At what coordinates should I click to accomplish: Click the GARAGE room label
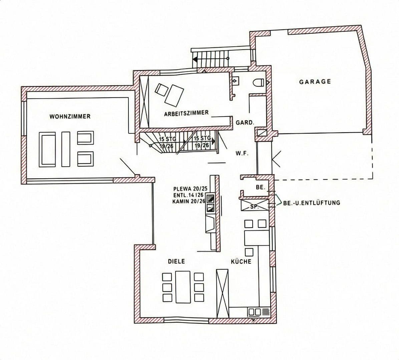click(315, 82)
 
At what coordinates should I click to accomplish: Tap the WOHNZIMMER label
click(70, 117)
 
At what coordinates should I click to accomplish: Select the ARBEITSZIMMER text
click(186, 113)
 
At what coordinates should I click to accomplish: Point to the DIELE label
click(176, 262)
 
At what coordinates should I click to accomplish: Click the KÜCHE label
click(241, 262)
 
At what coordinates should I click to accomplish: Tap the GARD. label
click(245, 123)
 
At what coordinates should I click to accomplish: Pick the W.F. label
click(242, 154)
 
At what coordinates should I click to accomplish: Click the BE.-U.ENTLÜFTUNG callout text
click(312, 202)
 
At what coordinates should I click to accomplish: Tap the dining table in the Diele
click(182, 287)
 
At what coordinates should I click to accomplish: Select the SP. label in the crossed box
click(254, 207)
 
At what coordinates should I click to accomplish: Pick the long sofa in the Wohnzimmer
click(47, 149)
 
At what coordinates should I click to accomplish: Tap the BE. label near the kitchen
click(260, 187)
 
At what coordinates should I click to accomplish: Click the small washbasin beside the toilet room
click(235, 81)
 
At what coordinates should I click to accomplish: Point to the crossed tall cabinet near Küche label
click(223, 293)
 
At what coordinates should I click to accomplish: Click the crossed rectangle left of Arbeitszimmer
click(144, 101)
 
